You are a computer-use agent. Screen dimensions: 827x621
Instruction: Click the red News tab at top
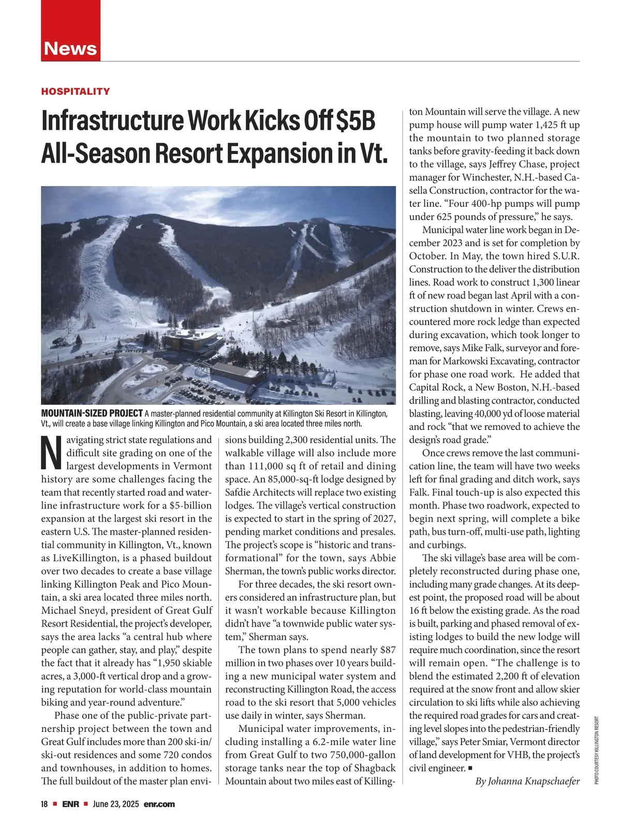70,48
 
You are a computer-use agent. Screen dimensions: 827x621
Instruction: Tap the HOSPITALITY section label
76,91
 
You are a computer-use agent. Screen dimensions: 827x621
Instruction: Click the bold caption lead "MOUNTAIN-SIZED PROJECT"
92,413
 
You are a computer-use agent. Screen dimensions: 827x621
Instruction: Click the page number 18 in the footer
45,804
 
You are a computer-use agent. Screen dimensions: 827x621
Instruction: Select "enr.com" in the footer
159,804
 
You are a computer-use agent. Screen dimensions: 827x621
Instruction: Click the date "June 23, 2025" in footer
116,804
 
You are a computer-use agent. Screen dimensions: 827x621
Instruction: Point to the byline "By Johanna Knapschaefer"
527,782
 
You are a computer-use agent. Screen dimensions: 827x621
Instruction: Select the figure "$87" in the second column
388,650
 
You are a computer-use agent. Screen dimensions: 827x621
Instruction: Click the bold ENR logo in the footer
70,804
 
